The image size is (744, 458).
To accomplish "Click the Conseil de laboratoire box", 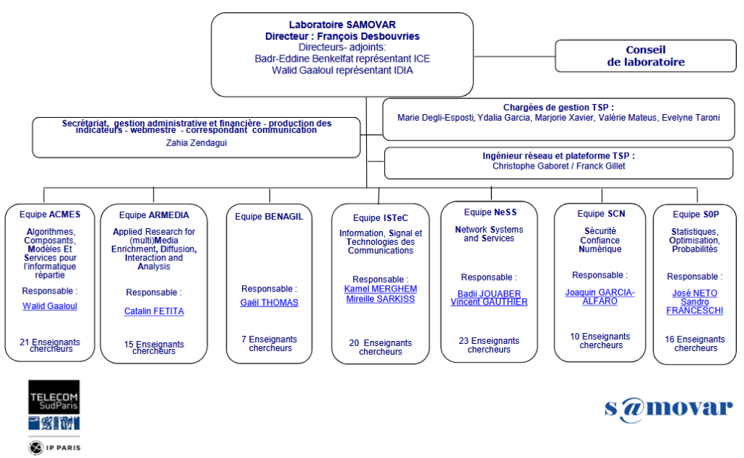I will click(x=646, y=56).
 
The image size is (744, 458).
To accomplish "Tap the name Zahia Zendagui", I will click(x=196, y=143).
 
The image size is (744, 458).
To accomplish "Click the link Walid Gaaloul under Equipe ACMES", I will click(x=49, y=306).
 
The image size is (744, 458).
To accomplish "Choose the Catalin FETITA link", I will click(x=153, y=311).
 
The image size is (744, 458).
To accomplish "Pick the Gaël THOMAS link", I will click(x=269, y=302).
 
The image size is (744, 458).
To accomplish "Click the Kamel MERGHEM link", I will click(x=380, y=289).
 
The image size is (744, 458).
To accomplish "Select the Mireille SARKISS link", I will click(x=380, y=299).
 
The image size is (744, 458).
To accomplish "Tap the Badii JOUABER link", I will click(x=488, y=294).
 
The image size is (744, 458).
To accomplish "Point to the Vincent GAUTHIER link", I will click(x=488, y=302).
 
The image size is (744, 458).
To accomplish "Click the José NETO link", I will click(x=695, y=293).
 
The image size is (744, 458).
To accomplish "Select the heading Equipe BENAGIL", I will click(x=269, y=216).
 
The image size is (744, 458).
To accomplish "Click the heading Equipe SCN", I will click(x=601, y=214).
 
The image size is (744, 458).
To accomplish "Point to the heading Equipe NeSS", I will click(x=488, y=212).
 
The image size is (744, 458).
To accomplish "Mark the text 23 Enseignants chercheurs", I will click(x=488, y=345).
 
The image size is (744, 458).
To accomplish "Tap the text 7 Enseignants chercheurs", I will click(x=269, y=343).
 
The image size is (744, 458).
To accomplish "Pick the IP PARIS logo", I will click(x=54, y=446).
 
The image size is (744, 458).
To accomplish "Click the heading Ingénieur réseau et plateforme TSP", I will click(x=558, y=156).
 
